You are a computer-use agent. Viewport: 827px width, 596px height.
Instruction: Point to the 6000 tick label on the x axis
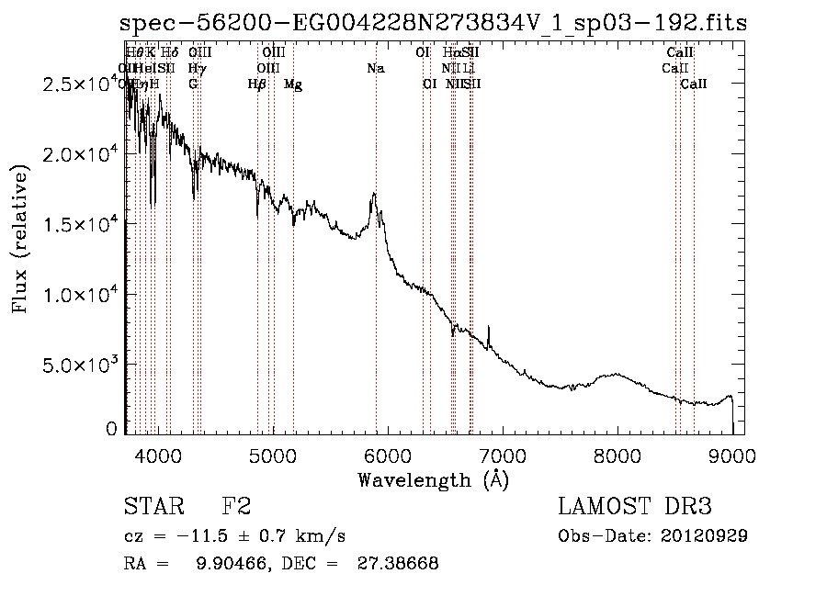[x=387, y=455]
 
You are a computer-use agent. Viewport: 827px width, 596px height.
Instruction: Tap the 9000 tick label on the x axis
[x=731, y=455]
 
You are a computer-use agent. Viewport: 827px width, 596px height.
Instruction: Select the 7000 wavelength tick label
[x=502, y=455]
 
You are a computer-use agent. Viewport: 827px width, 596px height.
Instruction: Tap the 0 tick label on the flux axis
[x=112, y=429]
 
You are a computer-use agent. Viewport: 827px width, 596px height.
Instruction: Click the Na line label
[x=375, y=68]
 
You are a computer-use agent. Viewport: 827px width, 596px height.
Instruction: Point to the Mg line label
[x=293, y=84]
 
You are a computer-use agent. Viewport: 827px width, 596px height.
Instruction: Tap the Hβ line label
[x=257, y=84]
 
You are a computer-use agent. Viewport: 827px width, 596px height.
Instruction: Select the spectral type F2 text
[x=236, y=507]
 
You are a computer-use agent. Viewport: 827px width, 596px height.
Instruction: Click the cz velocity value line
[x=234, y=535]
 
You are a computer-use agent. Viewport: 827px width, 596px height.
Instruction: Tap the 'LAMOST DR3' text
[x=634, y=507]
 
